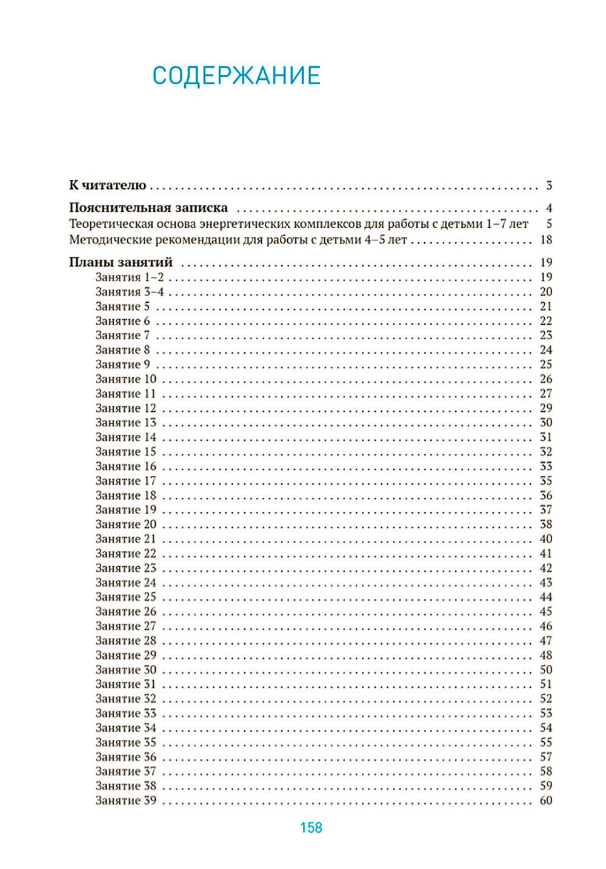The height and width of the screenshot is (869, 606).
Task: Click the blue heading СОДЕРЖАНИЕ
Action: (x=236, y=76)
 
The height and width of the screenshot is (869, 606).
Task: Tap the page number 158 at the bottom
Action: (x=311, y=828)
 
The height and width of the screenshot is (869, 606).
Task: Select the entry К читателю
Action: (x=107, y=185)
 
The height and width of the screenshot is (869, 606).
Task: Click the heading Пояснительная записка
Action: (x=148, y=208)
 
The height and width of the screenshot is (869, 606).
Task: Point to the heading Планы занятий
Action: (x=121, y=262)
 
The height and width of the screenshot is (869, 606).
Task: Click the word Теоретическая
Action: (x=107, y=224)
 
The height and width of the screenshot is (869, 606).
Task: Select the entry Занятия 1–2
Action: (x=129, y=277)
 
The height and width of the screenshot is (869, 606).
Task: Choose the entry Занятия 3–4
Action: (x=129, y=292)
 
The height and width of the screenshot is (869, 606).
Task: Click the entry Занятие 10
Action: (x=125, y=379)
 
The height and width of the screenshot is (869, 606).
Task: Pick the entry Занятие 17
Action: (x=125, y=481)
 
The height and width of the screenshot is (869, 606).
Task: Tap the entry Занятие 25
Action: (x=125, y=597)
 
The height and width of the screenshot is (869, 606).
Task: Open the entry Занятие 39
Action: (x=125, y=801)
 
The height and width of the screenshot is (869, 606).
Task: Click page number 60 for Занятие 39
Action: (x=546, y=801)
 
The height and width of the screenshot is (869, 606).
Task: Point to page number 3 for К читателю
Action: (x=549, y=185)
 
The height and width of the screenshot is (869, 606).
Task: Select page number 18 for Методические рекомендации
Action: (x=546, y=240)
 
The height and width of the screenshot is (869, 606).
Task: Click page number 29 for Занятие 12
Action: (x=546, y=408)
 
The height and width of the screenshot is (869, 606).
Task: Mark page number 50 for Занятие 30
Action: (x=546, y=670)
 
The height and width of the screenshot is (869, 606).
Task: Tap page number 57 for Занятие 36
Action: (x=546, y=757)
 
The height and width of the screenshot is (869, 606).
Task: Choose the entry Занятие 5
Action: (x=122, y=306)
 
